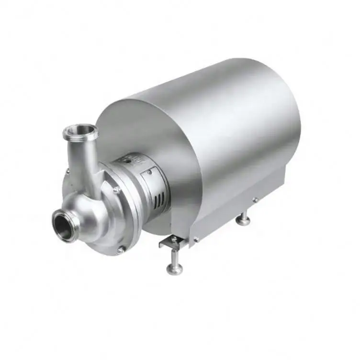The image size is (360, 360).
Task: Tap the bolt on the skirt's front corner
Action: (195, 238)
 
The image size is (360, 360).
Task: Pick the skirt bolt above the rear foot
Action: (255, 199)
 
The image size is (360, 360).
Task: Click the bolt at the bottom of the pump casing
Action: (122, 248)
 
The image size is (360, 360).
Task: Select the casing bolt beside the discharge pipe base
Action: (115, 190)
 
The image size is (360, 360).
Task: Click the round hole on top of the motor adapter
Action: (127, 162)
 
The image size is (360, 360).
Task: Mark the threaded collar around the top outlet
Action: (81, 132)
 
